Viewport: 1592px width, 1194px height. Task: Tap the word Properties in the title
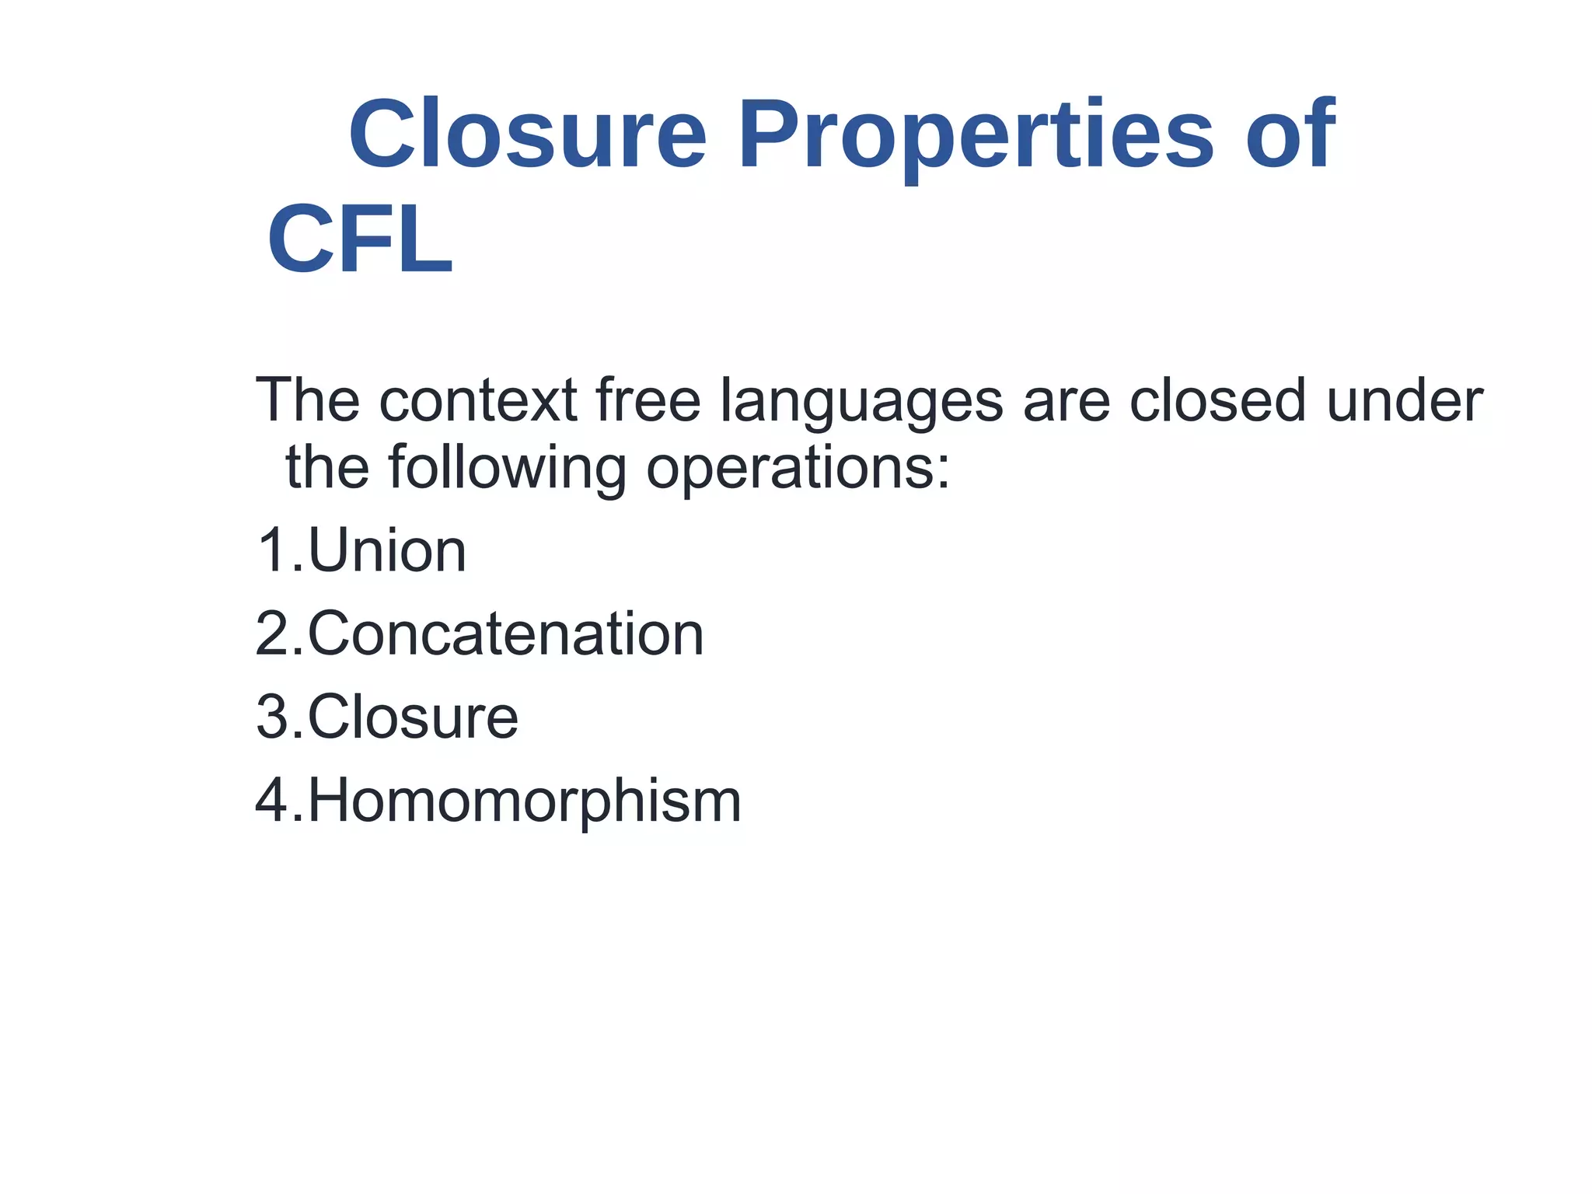[976, 137]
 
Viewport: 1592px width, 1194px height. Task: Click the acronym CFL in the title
[360, 239]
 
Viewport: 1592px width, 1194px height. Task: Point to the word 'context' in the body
[478, 400]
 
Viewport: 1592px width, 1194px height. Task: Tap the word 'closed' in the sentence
[1217, 400]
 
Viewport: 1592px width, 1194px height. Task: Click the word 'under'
[1405, 400]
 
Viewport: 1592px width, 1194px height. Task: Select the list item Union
[387, 551]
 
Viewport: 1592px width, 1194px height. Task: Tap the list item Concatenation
[506, 634]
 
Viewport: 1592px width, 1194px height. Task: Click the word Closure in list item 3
[413, 717]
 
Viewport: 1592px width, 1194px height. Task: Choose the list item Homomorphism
[525, 801]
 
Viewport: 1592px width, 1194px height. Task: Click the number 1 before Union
[272, 551]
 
